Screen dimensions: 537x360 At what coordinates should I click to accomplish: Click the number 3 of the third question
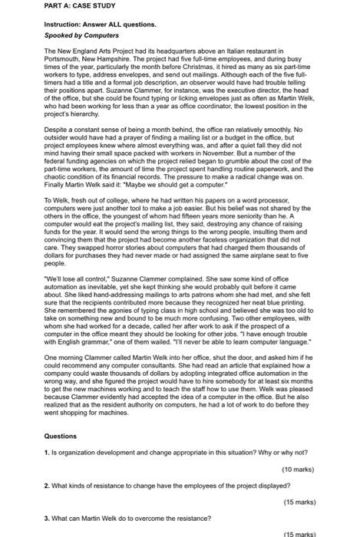click(x=47, y=517)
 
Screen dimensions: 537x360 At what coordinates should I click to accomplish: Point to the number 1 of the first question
click(x=47, y=452)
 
